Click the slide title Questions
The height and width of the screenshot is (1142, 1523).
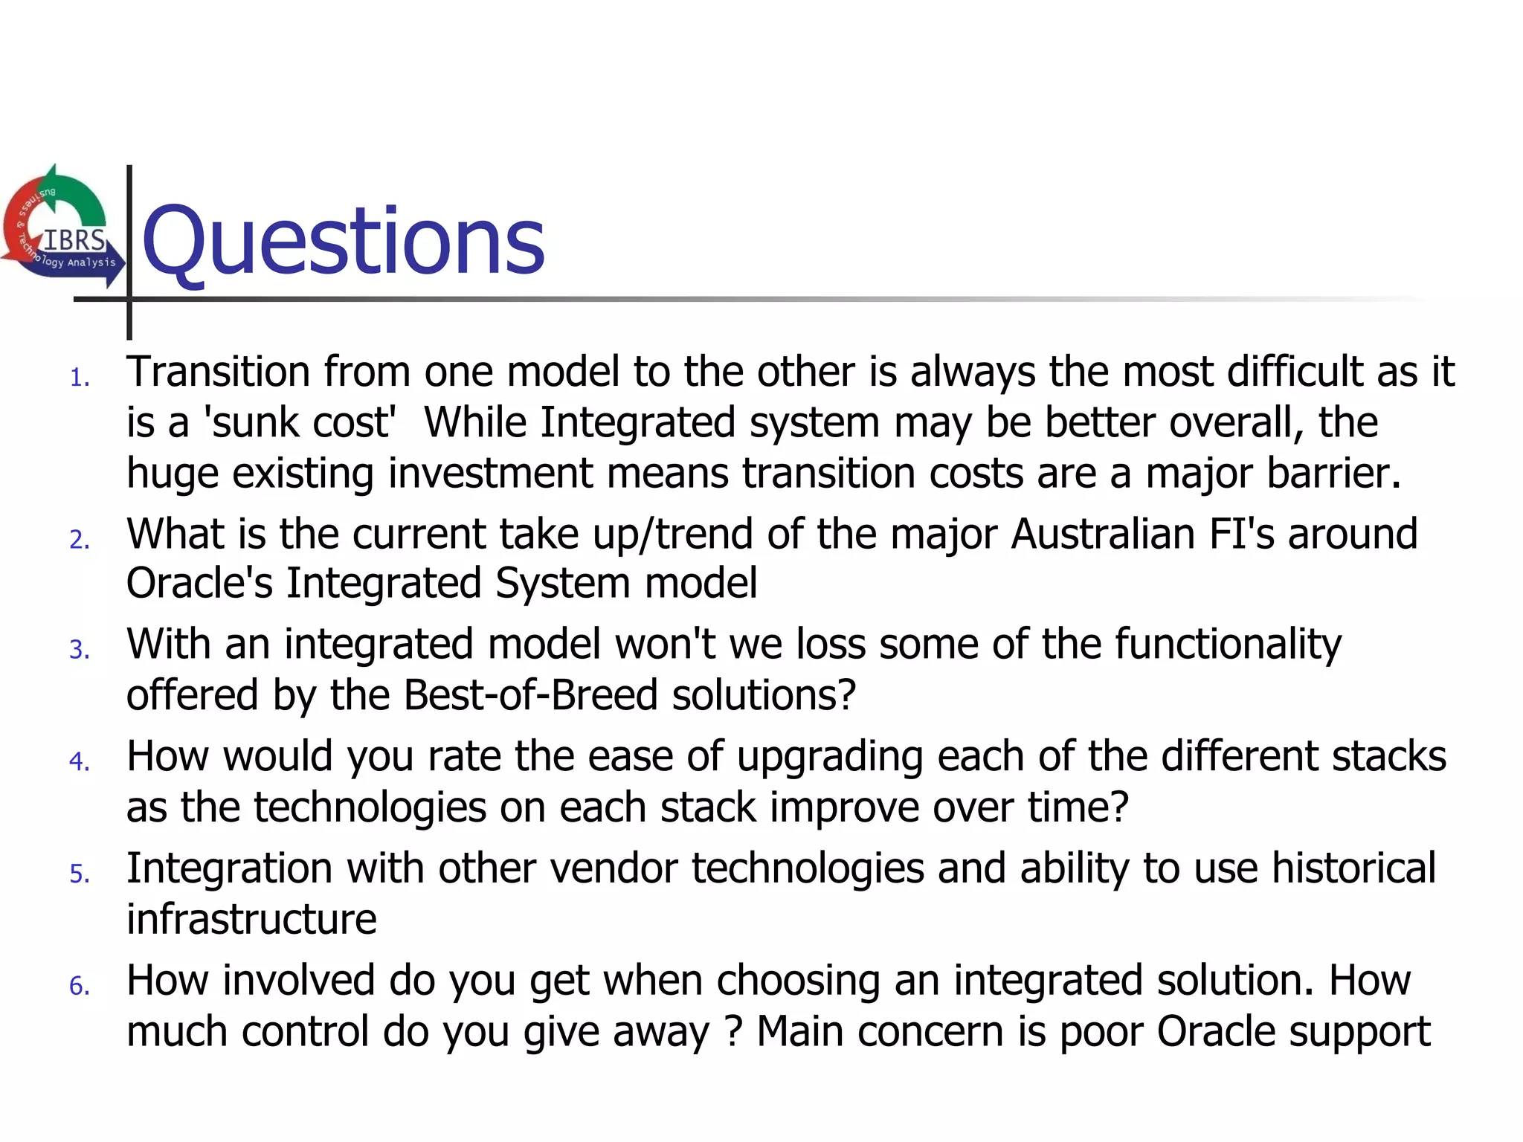pyautogui.click(x=344, y=242)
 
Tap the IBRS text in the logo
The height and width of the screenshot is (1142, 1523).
pyautogui.click(x=74, y=240)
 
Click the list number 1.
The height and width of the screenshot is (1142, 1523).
pyautogui.click(x=79, y=378)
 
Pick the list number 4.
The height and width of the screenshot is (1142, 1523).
pyautogui.click(x=79, y=762)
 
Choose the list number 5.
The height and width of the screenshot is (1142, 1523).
pyautogui.click(x=79, y=874)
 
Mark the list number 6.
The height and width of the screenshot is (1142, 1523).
pyautogui.click(x=79, y=987)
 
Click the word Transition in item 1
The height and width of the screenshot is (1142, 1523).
pyautogui.click(x=218, y=372)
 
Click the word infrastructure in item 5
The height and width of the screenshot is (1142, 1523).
pyautogui.click(x=251, y=919)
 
